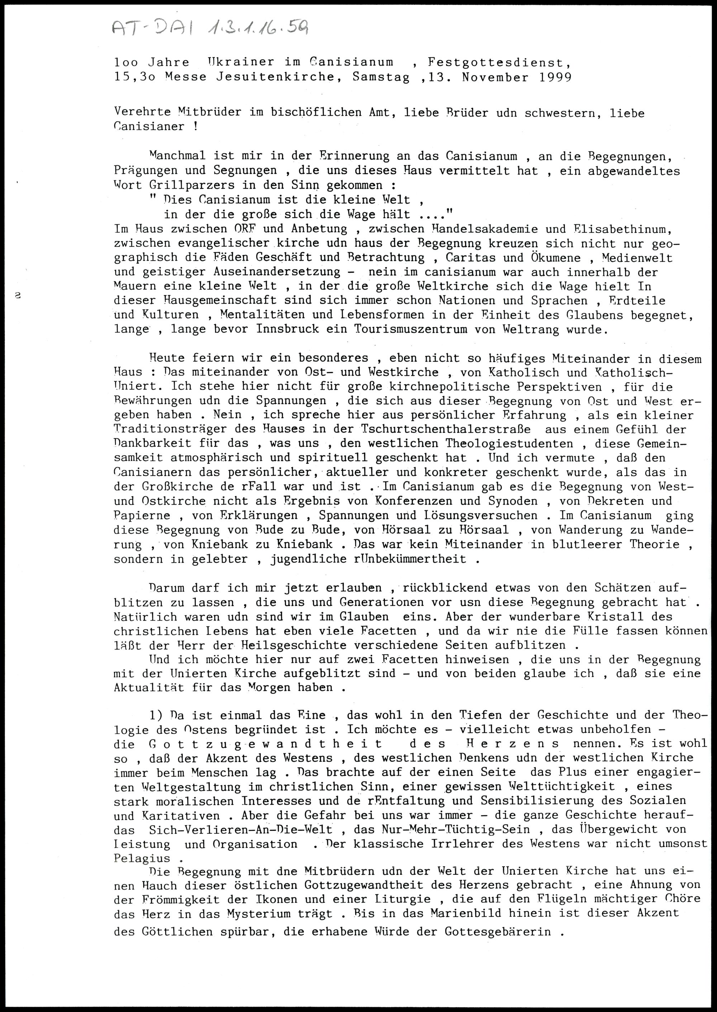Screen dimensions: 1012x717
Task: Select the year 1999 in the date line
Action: tap(555, 77)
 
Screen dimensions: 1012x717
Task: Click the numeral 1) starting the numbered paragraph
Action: tap(156, 715)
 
